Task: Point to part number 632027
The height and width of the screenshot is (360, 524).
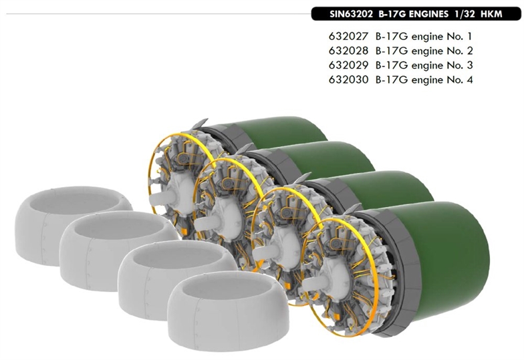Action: tap(348, 36)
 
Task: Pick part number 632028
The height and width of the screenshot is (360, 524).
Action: tap(348, 51)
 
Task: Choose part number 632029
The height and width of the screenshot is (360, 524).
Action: tap(348, 65)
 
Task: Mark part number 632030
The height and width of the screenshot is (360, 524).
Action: tap(348, 80)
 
